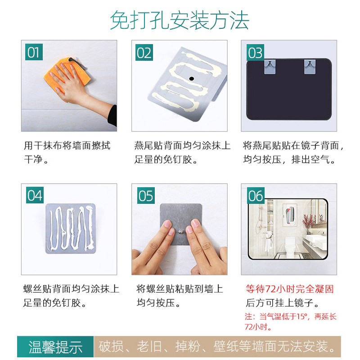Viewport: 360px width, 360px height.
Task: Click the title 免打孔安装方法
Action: [180, 20]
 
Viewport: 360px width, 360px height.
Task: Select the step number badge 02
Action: [144, 53]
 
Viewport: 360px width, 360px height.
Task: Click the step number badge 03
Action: [255, 53]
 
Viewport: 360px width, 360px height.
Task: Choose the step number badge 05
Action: [145, 196]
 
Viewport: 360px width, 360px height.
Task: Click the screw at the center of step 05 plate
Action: [179, 232]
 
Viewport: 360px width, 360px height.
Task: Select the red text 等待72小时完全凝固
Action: [289, 288]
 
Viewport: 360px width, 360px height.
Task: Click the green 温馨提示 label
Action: [55, 347]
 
